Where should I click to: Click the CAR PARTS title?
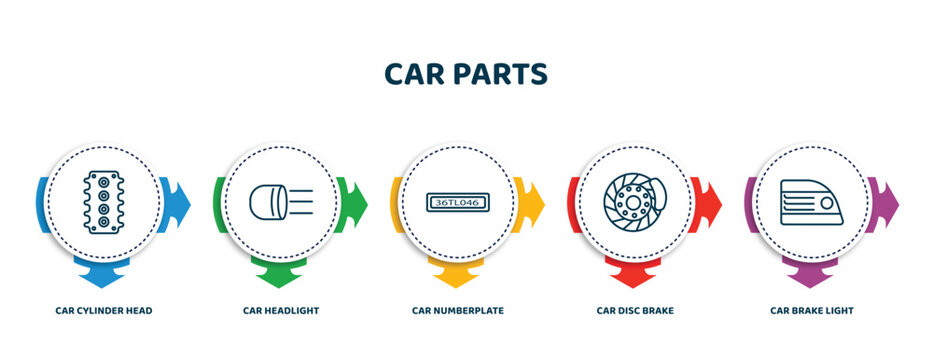(466, 75)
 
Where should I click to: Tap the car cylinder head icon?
(103, 202)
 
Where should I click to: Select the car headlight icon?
(281, 202)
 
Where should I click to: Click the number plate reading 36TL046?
(457, 202)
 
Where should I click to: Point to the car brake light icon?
(811, 202)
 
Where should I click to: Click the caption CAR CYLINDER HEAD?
(104, 311)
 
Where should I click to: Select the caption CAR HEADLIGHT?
(281, 311)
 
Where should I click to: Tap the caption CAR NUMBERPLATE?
(458, 311)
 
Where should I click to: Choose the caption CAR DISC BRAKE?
(635, 311)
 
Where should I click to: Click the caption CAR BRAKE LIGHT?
(812, 311)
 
